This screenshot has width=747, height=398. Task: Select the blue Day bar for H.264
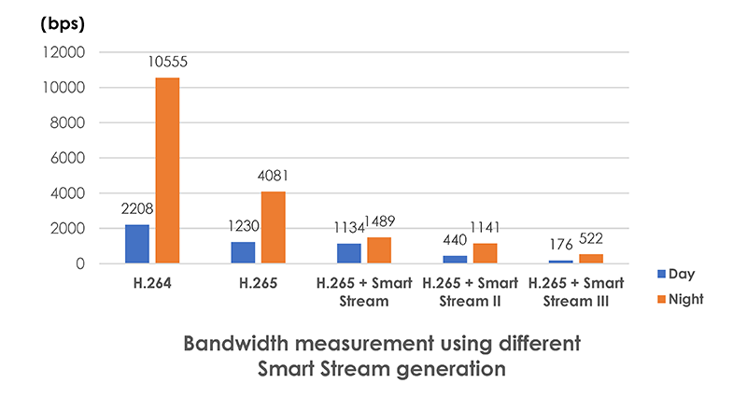coord(136,244)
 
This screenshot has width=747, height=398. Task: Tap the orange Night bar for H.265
coord(273,228)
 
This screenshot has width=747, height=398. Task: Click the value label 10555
coord(168,62)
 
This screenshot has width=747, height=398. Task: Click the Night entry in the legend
coord(681,299)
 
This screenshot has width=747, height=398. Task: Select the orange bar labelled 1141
coord(485,253)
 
